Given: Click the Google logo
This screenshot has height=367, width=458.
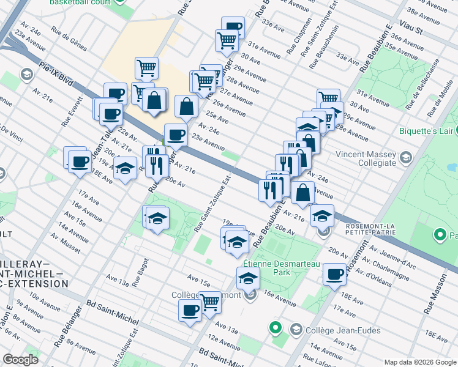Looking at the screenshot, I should coord(20,360).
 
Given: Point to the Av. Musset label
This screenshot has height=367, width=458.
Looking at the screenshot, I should coord(66,243).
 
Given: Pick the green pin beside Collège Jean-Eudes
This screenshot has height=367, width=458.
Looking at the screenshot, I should coord(276,329).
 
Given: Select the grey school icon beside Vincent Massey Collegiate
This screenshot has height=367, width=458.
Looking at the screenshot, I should coord(404,158).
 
